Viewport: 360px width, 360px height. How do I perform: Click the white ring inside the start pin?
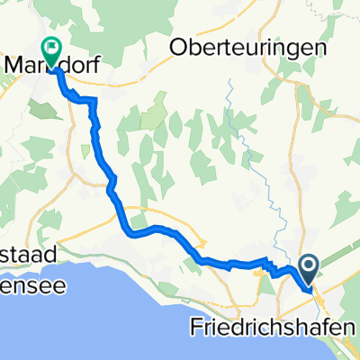point(309,264)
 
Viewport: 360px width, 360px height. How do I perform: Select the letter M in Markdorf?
point(14,67)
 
